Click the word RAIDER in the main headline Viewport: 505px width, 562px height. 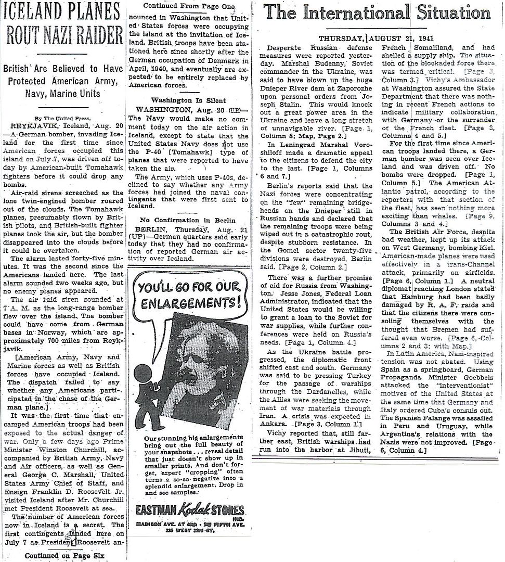[96, 34]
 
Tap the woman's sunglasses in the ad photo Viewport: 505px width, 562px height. [206, 361]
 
